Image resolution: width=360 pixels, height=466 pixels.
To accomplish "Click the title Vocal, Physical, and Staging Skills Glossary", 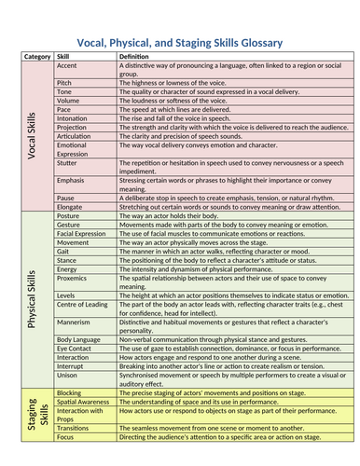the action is [x=180, y=41].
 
